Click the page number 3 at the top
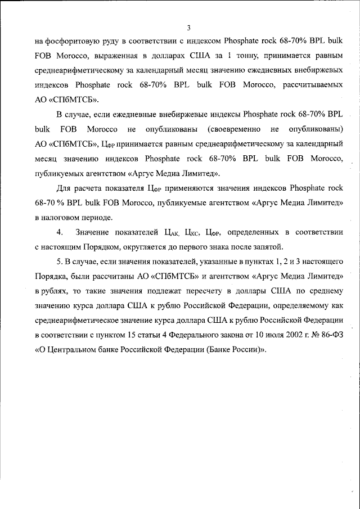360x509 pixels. point(188,27)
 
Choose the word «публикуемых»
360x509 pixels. point(60,173)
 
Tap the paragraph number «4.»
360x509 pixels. point(60,232)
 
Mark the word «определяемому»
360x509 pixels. point(307,305)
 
